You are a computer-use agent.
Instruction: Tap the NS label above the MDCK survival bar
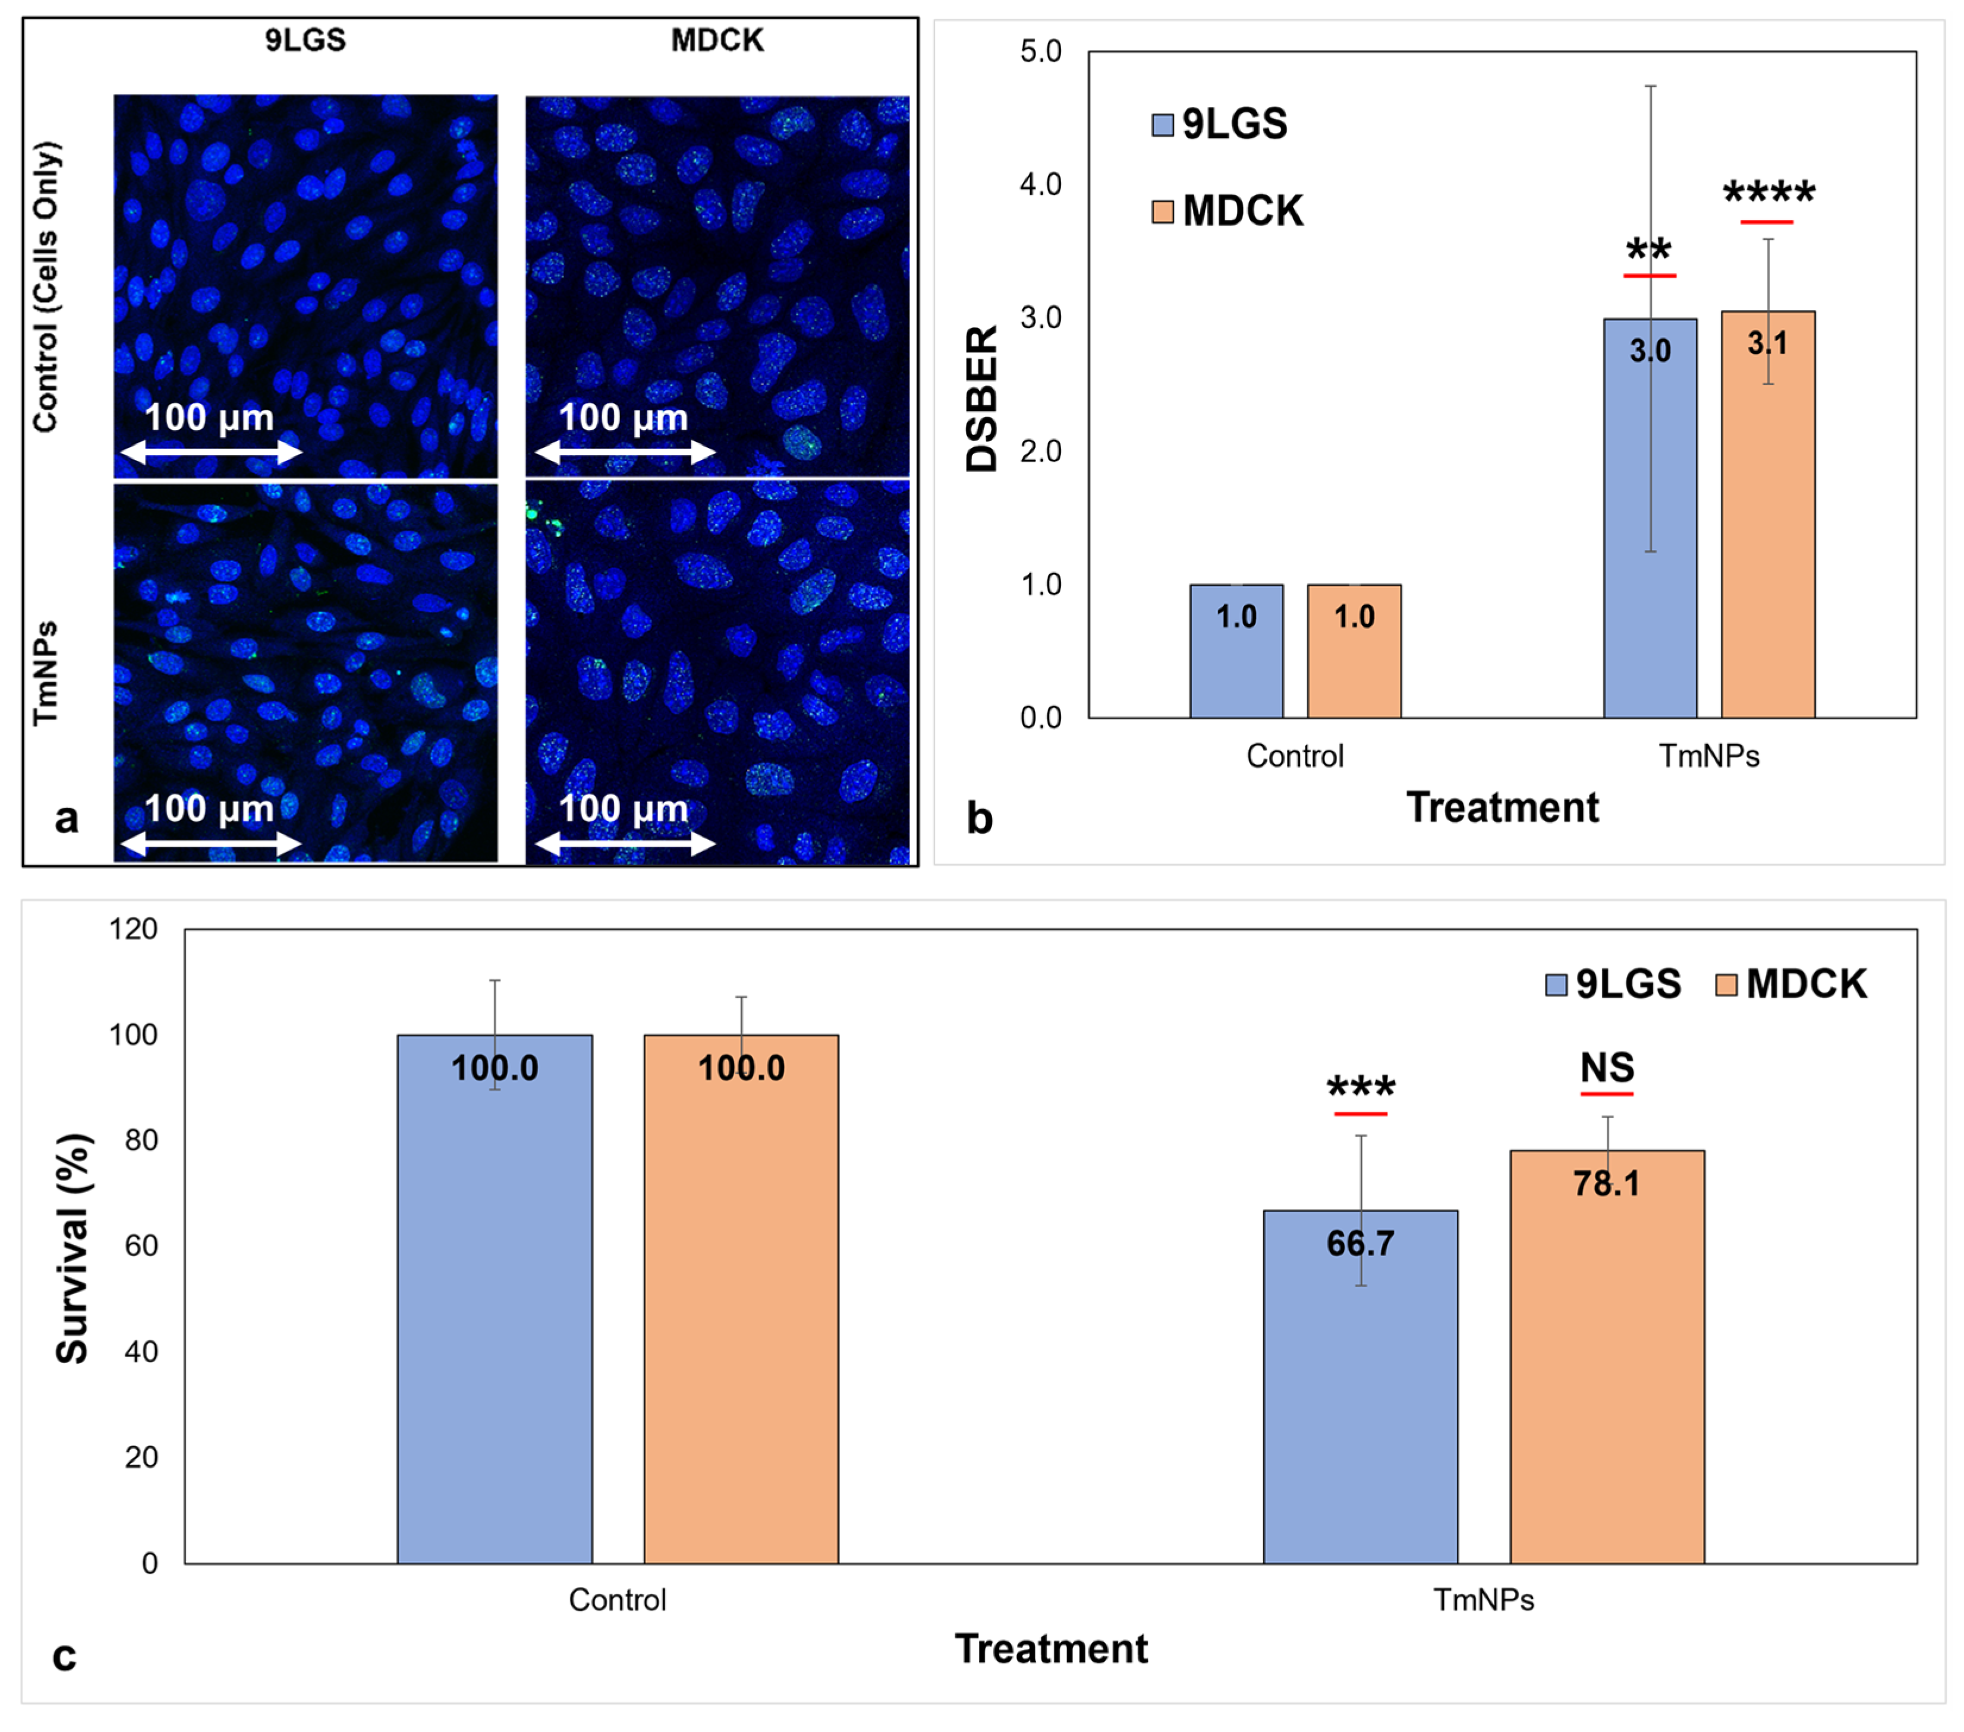[x=1607, y=1068]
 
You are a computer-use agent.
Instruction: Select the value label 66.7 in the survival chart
[x=1359, y=1244]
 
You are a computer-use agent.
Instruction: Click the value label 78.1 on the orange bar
[x=1607, y=1184]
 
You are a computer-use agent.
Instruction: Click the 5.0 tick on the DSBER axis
[x=1041, y=51]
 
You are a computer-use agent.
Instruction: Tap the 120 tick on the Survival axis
[x=134, y=929]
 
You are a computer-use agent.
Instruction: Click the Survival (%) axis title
[x=73, y=1249]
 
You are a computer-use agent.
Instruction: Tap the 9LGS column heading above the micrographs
[x=306, y=40]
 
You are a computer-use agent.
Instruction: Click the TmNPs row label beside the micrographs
[x=45, y=673]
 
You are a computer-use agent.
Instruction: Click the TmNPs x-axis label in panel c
[x=1484, y=1600]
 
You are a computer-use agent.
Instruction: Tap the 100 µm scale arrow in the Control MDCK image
[x=625, y=452]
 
